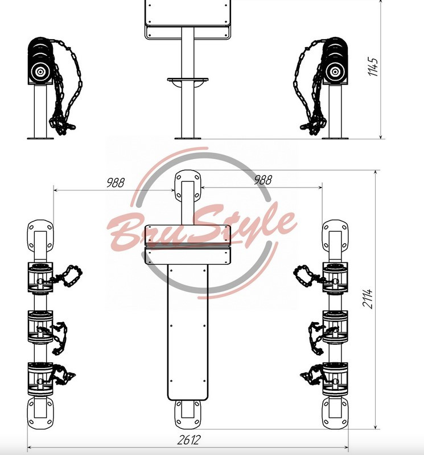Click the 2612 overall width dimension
189,440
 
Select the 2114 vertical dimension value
367,298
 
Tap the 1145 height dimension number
373,66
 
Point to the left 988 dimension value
116,183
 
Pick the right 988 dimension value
263,180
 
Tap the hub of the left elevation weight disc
40,72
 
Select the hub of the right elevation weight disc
335,72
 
